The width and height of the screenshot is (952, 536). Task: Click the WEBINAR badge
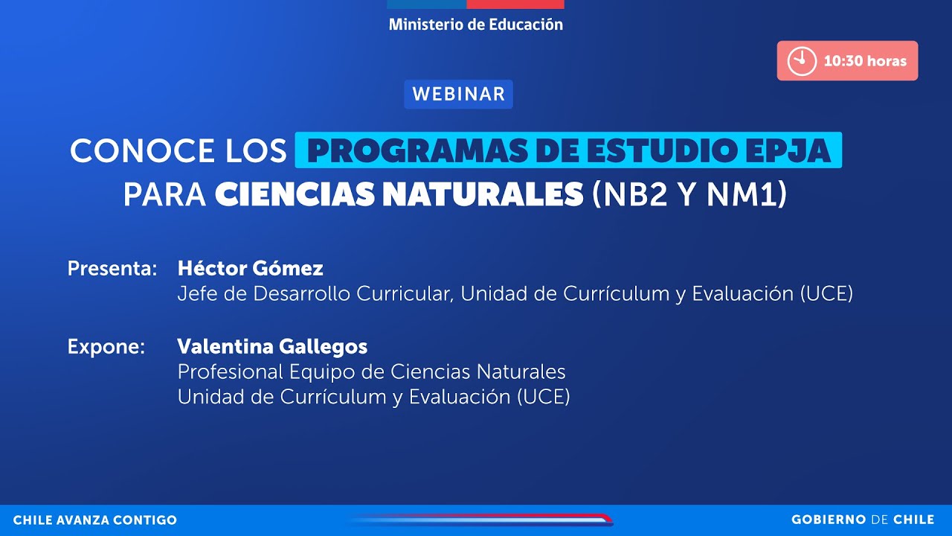pyautogui.click(x=458, y=95)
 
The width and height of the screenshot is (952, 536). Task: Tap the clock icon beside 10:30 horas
pyautogui.click(x=802, y=61)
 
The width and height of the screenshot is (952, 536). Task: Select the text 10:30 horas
pyautogui.click(x=865, y=61)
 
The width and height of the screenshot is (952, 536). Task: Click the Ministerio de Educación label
pyautogui.click(x=476, y=25)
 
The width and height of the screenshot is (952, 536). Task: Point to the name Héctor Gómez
pyautogui.click(x=250, y=268)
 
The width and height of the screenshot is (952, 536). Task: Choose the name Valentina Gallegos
pyautogui.click(x=272, y=346)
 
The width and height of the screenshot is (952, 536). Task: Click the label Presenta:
pyautogui.click(x=112, y=269)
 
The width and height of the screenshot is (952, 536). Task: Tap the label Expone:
pyautogui.click(x=106, y=347)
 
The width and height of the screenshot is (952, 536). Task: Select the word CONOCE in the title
pyautogui.click(x=132, y=151)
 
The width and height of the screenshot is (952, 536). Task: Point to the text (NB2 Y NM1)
pyautogui.click(x=689, y=195)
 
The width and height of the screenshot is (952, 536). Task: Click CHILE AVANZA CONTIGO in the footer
pyautogui.click(x=95, y=520)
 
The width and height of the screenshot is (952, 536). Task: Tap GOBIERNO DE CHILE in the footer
pyautogui.click(x=862, y=520)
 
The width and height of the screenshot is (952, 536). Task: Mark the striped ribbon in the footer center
pyautogui.click(x=480, y=520)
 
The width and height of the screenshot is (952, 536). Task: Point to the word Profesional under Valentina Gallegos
pyautogui.click(x=231, y=371)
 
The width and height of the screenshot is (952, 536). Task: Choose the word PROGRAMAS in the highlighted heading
pyautogui.click(x=421, y=151)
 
